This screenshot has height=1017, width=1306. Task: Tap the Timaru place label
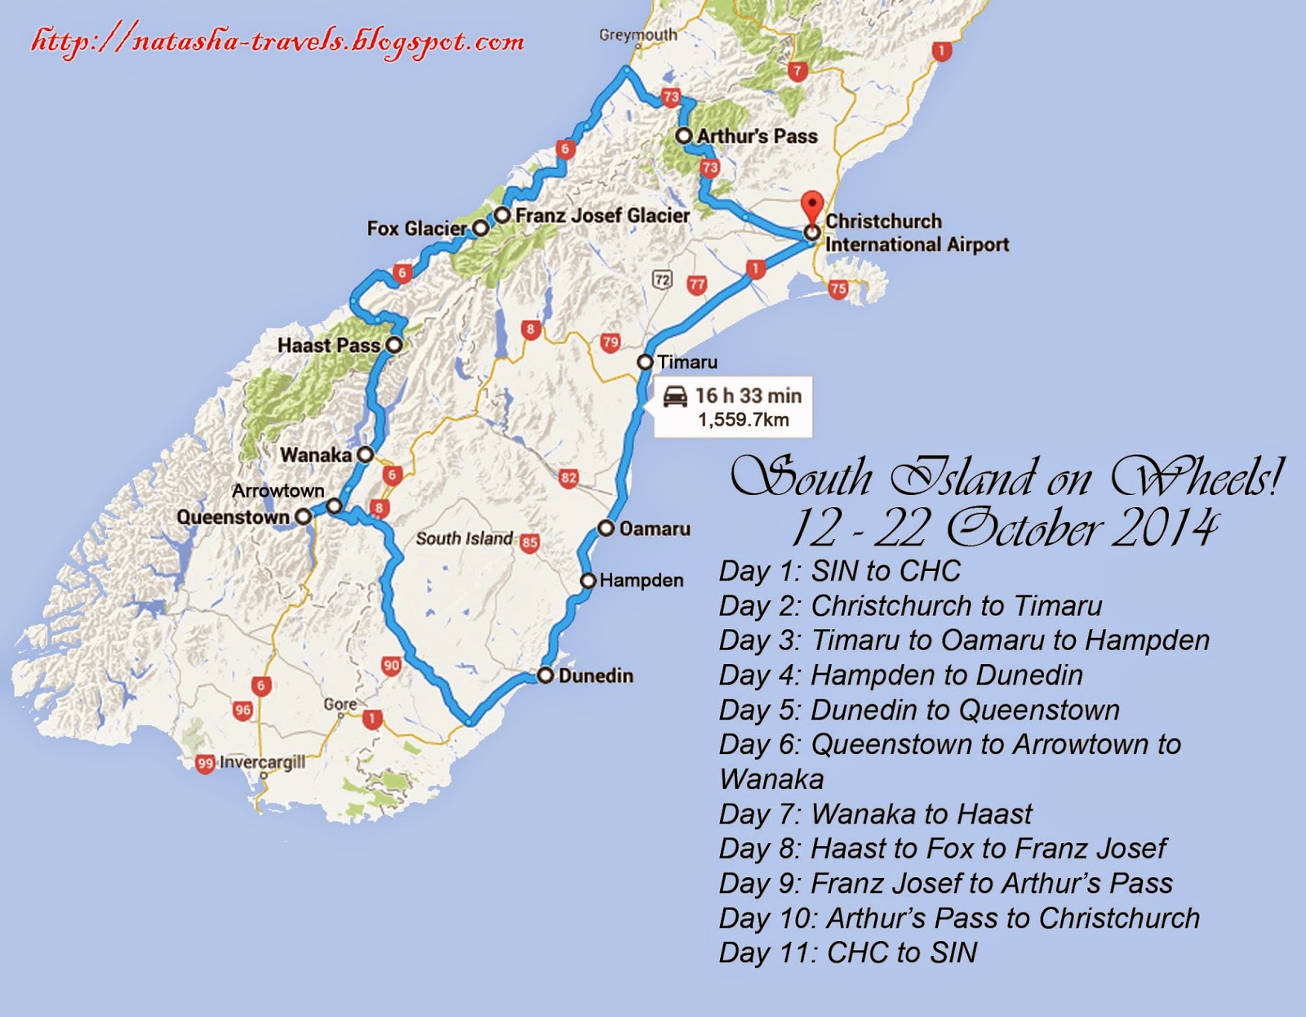pyautogui.click(x=687, y=362)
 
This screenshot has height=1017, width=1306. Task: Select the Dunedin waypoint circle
pyautogui.click(x=545, y=676)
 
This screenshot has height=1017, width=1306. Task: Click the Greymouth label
pyautogui.click(x=637, y=35)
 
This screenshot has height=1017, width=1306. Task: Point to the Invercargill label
pyautogui.click(x=262, y=763)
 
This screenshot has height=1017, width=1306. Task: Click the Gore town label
pyautogui.click(x=340, y=704)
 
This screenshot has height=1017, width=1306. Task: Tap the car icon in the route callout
pyautogui.click(x=675, y=396)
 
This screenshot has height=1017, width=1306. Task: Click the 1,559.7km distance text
pyautogui.click(x=743, y=420)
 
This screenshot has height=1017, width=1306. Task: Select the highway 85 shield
pyautogui.click(x=530, y=542)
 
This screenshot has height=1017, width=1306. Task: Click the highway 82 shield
pyautogui.click(x=569, y=478)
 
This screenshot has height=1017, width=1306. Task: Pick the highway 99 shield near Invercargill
pyautogui.click(x=205, y=764)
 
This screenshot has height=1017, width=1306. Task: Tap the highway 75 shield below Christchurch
pyautogui.click(x=837, y=288)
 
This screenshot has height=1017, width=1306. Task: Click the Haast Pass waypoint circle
pyautogui.click(x=393, y=345)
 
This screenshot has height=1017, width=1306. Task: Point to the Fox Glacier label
pyautogui.click(x=416, y=229)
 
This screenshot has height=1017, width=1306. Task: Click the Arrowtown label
pyautogui.click(x=278, y=491)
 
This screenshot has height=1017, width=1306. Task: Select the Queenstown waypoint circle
pyautogui.click(x=303, y=517)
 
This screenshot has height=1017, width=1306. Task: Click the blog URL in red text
pyautogui.click(x=278, y=41)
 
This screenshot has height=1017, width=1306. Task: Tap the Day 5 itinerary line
pyautogui.click(x=919, y=710)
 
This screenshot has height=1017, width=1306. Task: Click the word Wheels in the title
pyautogui.click(x=1196, y=478)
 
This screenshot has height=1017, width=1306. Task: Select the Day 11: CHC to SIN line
pyautogui.click(x=848, y=952)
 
